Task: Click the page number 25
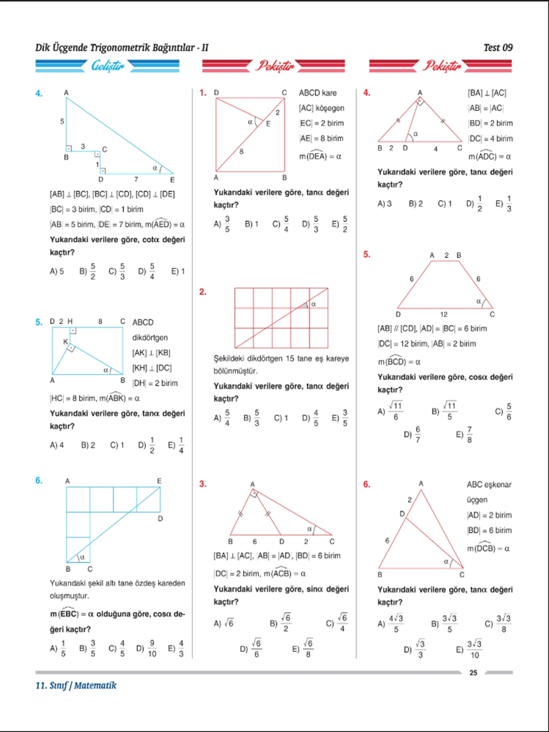pos(473,673)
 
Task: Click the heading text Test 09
pos(498,47)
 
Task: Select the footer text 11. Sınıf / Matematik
pos(76,686)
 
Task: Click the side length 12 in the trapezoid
pos(443,314)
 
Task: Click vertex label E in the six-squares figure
pos(159,481)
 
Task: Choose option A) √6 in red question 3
pos(224,623)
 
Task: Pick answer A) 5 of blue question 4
pos(57,271)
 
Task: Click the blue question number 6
pos(38,481)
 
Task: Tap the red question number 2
pos(203,292)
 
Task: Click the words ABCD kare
pos(317,93)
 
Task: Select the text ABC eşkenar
pos(489,485)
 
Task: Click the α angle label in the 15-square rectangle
pos(314,304)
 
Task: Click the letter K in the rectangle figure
pos(65,342)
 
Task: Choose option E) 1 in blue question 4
pos(178,271)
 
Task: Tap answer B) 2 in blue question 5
pos(88,445)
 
